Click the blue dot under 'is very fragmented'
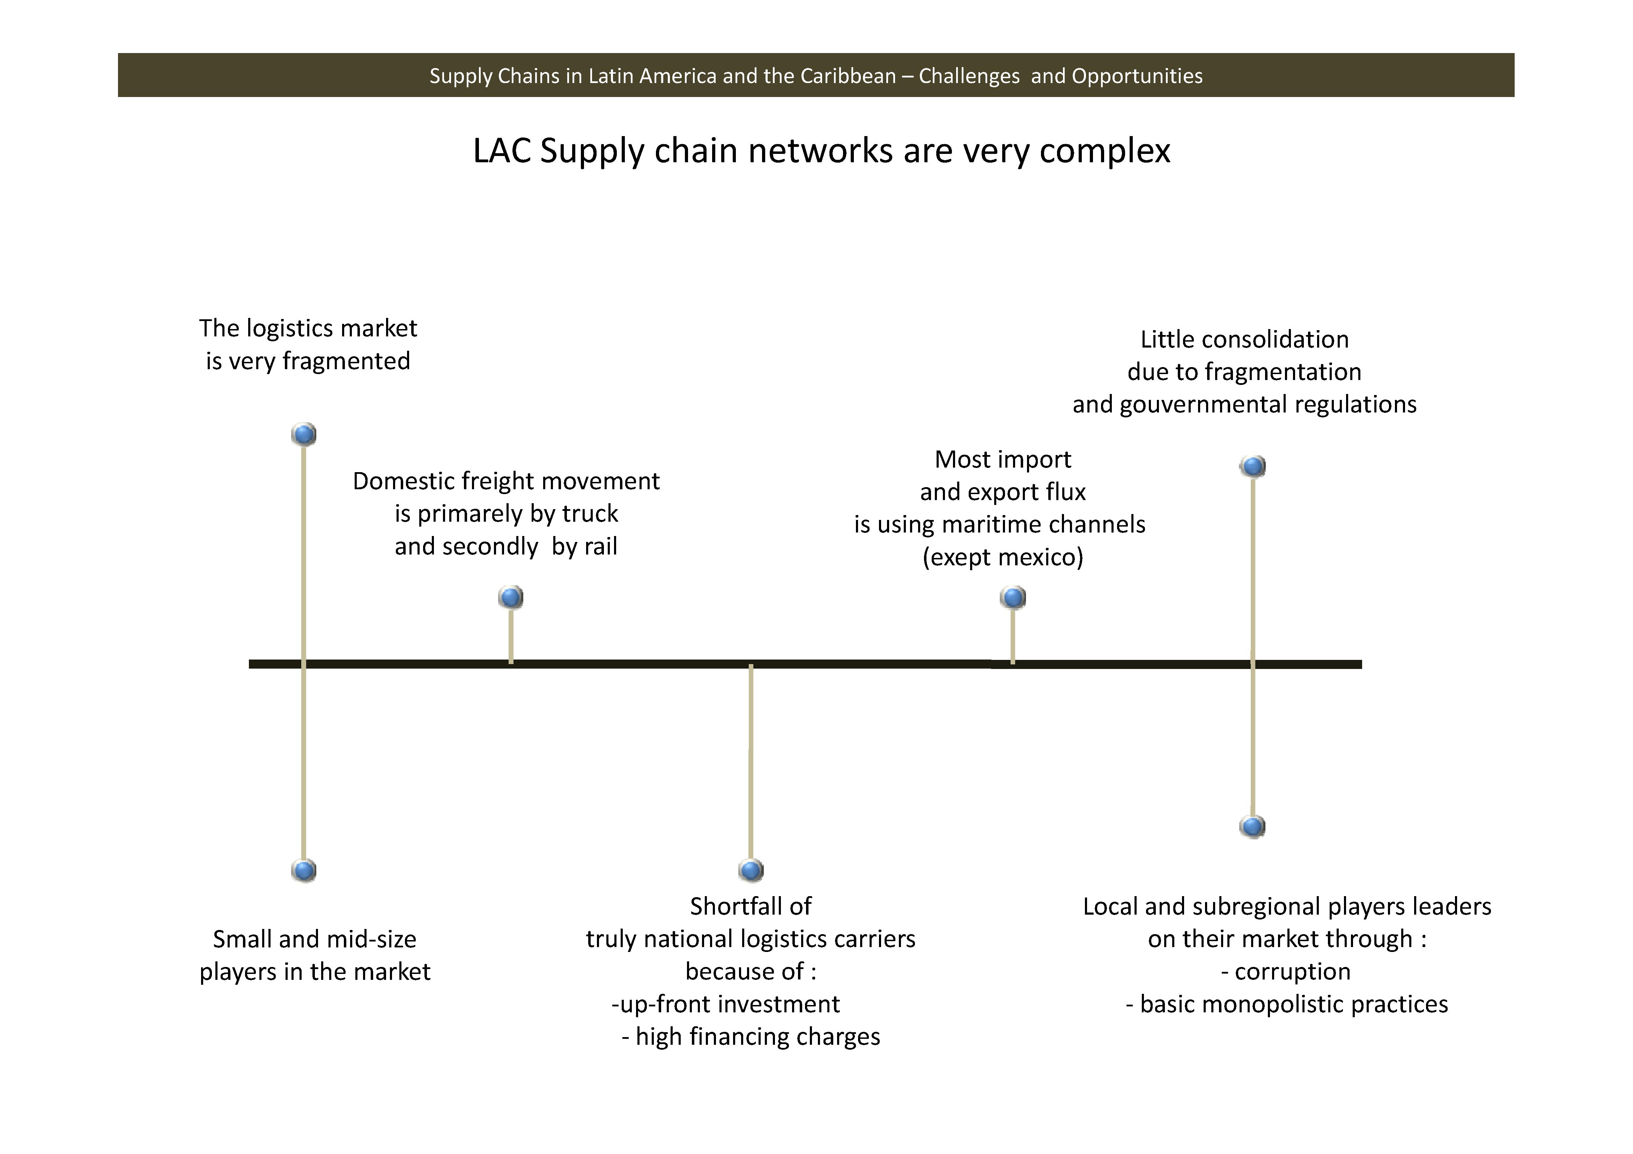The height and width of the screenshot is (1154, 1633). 304,434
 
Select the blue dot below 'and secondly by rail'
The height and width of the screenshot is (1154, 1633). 511,597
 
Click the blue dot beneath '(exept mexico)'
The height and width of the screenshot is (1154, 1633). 1013,597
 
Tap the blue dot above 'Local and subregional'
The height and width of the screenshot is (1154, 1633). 1253,826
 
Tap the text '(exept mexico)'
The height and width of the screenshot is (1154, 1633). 1003,557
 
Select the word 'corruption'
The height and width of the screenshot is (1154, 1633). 1292,971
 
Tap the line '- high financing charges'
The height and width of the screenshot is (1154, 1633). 751,1037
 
